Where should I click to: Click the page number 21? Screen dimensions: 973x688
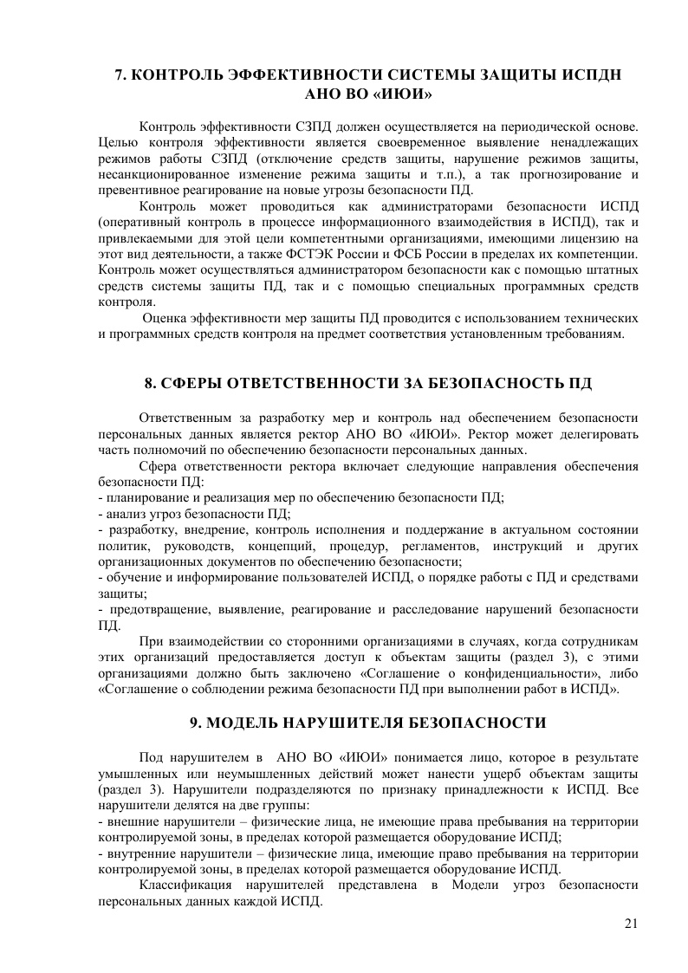[x=631, y=924]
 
